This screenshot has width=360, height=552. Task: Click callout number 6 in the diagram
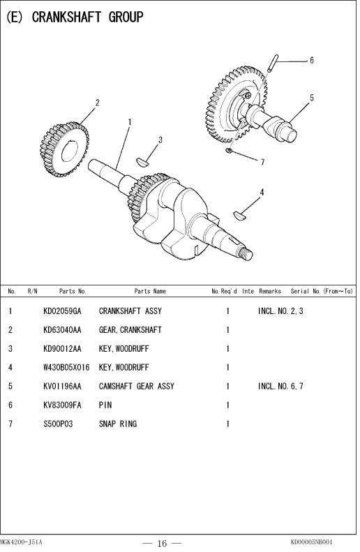[311, 61]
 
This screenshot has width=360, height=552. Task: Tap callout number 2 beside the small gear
[98, 103]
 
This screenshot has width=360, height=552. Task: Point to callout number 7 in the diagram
[262, 162]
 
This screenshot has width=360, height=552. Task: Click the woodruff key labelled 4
[239, 215]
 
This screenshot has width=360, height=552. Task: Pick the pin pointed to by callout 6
[273, 63]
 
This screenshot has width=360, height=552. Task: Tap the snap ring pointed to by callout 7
[228, 150]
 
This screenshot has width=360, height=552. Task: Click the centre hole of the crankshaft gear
[70, 151]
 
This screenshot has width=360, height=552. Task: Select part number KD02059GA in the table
[62, 311]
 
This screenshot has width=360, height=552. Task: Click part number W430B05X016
[66, 368]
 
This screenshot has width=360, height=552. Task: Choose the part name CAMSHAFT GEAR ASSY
[137, 386]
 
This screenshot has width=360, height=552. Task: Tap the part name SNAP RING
[118, 424]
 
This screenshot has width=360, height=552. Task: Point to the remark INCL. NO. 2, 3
[280, 311]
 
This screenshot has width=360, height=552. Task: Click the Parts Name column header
[150, 291]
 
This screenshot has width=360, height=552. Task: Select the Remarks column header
[270, 291]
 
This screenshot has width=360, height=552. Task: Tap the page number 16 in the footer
[162, 543]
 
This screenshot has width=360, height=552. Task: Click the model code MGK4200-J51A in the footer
[21, 542]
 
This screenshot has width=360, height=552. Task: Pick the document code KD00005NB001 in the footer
[311, 542]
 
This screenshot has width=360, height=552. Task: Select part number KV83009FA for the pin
[62, 405]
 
